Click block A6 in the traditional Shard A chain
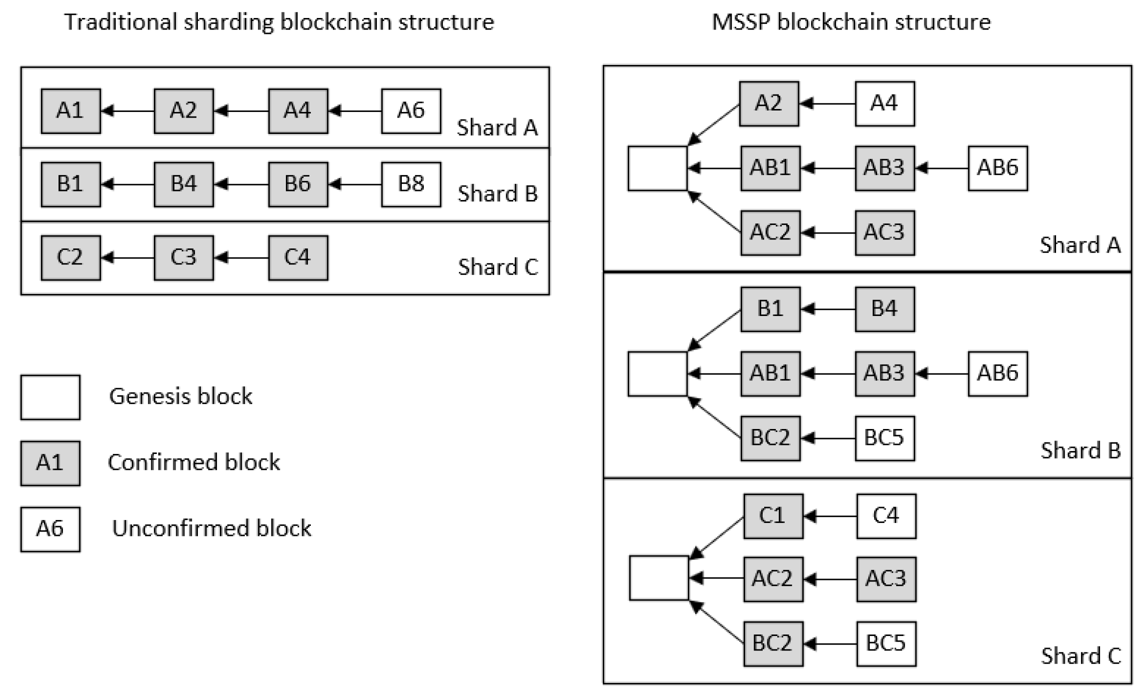pos(411,111)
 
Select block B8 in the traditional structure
pos(411,184)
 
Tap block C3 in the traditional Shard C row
pos(183,257)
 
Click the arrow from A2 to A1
pos(127,111)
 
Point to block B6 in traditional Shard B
pos(298,184)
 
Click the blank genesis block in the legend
pos(50,397)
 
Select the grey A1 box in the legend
pos(50,463)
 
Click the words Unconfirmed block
pos(211,528)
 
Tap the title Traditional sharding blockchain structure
pos(279,22)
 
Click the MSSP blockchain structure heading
pos(851,22)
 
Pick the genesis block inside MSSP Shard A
pos(657,168)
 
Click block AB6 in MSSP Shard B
pos(998,373)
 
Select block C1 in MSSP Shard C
pos(773,516)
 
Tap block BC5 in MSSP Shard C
pos(886,643)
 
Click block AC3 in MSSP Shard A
pos(885,232)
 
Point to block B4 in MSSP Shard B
pos(885,309)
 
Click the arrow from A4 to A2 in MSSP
pos(827,104)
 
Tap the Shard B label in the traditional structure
pos(497,194)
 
